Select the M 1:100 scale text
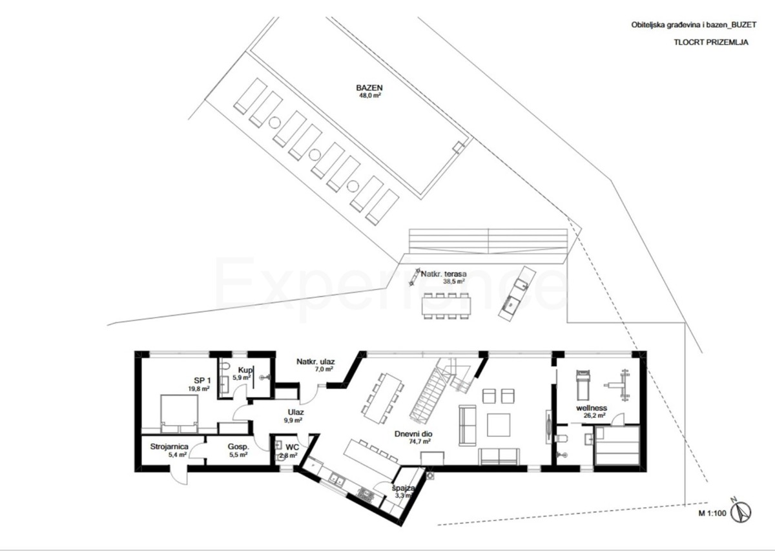coord(712,515)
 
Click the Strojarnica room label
coord(169,446)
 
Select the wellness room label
coord(592,408)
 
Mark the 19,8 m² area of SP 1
coord(198,389)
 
